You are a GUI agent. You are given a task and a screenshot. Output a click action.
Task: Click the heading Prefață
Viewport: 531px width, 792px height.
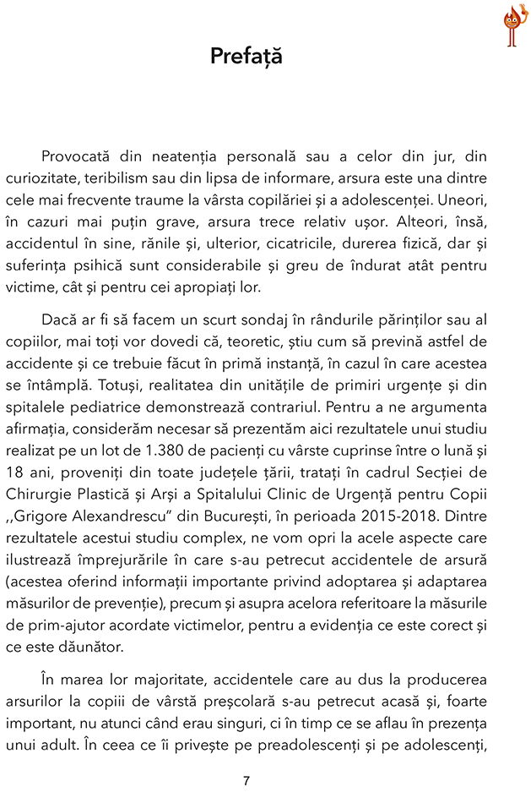click(246, 57)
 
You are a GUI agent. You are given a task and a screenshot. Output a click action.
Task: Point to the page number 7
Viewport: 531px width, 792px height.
click(246, 780)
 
